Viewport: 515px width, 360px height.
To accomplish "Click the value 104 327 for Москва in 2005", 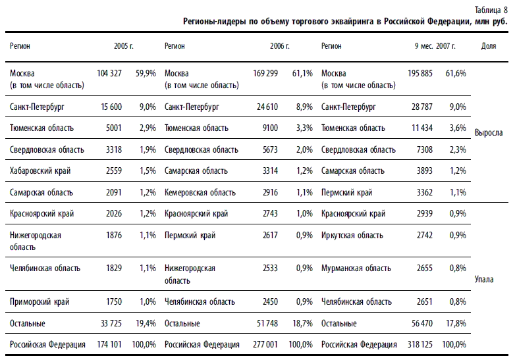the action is pos(109,73).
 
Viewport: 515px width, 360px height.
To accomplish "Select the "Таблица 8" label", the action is pos(491,10).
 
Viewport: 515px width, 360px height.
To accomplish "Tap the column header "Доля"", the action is pos(489,46).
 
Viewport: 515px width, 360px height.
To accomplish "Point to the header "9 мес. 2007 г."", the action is pos(435,46).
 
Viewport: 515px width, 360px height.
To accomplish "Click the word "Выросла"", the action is pos(489,133).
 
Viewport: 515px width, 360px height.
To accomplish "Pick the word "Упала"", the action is pos(484,279).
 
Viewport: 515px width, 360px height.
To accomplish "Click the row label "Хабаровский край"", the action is pos(40,171).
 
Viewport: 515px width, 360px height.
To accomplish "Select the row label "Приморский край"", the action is pos(40,302).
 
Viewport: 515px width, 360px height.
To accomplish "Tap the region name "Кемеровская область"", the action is pos(200,193).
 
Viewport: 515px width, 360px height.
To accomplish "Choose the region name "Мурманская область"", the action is pos(356,269).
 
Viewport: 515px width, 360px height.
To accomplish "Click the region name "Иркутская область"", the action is pos(352,236).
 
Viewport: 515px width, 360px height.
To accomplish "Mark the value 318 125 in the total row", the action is pos(420,345).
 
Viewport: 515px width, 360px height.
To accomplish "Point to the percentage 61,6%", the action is pos(456,73).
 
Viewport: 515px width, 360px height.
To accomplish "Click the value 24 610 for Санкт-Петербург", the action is pos(267,107).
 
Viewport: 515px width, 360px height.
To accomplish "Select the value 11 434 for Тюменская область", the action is pos(422,128).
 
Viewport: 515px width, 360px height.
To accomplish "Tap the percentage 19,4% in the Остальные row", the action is pos(146,324).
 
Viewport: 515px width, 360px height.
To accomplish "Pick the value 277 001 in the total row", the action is pos(265,345).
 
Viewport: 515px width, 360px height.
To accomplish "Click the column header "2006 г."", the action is pos(280,46).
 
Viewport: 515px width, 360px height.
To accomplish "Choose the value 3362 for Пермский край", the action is pos(425,193).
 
